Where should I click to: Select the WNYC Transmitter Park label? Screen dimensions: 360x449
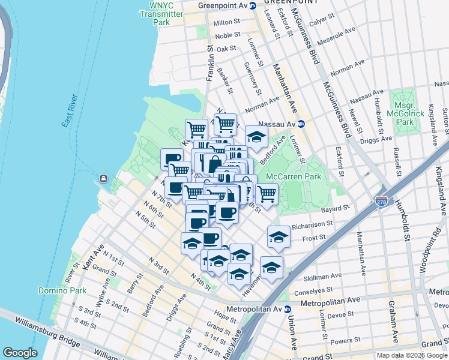[x=161, y=14]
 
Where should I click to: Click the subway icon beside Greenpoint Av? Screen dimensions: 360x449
[x=253, y=5]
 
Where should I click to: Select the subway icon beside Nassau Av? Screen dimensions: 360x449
[x=302, y=124]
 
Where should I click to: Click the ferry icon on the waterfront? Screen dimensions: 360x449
[x=103, y=178]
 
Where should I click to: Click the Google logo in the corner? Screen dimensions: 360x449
[x=20, y=353]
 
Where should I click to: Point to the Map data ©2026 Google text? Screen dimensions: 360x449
[x=411, y=355]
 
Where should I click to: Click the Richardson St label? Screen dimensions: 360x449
[x=312, y=224]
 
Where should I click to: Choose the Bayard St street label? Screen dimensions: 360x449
[x=337, y=208]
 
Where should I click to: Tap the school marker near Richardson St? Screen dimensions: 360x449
[x=279, y=236]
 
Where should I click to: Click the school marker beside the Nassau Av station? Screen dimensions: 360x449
[x=257, y=136]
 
